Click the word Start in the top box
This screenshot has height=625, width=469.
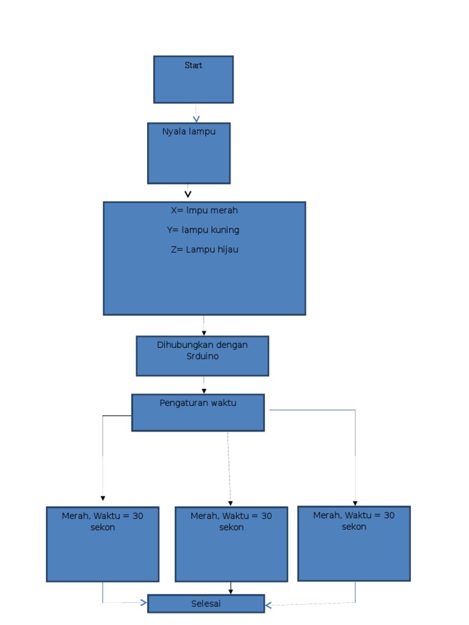coord(193,65)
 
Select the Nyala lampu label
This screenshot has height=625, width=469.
coord(189,131)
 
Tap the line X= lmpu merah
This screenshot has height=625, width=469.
coord(204,211)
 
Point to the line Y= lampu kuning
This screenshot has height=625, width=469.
coord(203,230)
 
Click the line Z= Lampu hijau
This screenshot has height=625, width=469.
coord(205,250)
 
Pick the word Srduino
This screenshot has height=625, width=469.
coord(202,356)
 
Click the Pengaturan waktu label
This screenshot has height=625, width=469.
coord(198,403)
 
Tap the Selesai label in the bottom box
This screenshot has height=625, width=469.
coord(206,604)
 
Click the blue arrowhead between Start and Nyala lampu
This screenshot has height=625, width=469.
coord(196,119)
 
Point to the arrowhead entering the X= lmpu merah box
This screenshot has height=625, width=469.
coord(188,195)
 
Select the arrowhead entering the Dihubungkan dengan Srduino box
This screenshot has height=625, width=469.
coord(204,333)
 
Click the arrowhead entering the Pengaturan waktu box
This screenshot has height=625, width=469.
coord(204,391)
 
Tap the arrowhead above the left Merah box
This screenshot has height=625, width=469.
coord(103,498)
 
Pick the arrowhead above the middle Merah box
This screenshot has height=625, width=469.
coord(230,504)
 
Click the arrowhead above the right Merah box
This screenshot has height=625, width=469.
coord(355,503)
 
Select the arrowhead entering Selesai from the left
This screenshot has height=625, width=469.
coord(144,603)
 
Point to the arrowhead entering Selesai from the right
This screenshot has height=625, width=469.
coord(268,605)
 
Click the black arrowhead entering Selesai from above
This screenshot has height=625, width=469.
coord(231,591)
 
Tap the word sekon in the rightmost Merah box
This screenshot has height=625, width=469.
coord(354,526)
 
